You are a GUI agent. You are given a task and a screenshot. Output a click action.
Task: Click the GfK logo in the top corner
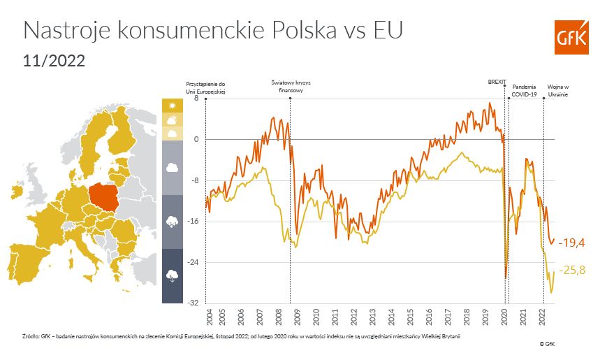click(571, 36)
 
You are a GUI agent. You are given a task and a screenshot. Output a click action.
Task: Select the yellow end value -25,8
click(571, 270)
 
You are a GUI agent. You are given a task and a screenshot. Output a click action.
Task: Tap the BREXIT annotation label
click(497, 81)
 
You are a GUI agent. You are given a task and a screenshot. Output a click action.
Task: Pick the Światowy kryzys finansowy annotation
click(290, 86)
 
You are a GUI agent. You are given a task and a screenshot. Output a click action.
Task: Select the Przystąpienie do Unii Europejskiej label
click(206, 88)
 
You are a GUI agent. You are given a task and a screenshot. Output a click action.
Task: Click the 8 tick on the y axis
click(196, 99)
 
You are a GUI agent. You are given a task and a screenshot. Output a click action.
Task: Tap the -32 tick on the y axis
click(194, 303)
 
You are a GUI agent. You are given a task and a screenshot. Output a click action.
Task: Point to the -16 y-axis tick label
click(194, 222)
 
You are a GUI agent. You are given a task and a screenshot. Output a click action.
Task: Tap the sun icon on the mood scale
click(172, 105)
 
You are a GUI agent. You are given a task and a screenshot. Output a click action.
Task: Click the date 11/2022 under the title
click(54, 61)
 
